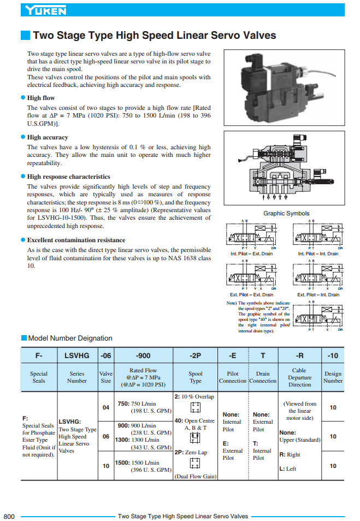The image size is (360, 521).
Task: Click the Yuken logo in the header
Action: click(x=46, y=10)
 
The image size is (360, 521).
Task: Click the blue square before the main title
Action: click(x=25, y=36)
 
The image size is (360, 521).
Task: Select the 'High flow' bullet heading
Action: click(x=41, y=98)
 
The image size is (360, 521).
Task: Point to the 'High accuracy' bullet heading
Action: click(x=48, y=137)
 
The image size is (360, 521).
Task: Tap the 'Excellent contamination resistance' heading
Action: click(x=76, y=240)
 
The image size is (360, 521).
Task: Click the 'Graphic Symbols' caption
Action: click(x=286, y=214)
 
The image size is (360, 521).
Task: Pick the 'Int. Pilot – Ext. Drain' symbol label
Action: click(x=251, y=254)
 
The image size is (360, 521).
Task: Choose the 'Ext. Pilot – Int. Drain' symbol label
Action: click(x=318, y=295)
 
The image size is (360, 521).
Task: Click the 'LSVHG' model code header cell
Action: click(x=77, y=355)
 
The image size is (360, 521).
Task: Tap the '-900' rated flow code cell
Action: click(x=144, y=355)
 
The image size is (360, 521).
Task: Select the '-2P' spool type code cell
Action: click(x=196, y=355)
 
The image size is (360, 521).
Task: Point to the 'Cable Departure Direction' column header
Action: click(x=299, y=377)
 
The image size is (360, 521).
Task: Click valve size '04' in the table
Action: click(x=106, y=407)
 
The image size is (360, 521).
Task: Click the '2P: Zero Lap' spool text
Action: click(x=191, y=453)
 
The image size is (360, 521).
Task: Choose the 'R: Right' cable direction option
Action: click(x=290, y=454)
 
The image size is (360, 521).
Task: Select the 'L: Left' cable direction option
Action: click(x=287, y=469)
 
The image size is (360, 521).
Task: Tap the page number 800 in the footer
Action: click(x=9, y=516)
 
